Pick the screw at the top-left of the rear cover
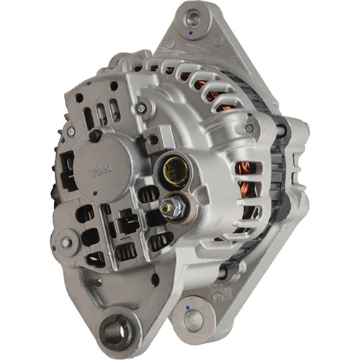[71, 131]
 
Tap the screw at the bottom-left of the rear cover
[66, 243]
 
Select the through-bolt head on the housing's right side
[279, 130]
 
